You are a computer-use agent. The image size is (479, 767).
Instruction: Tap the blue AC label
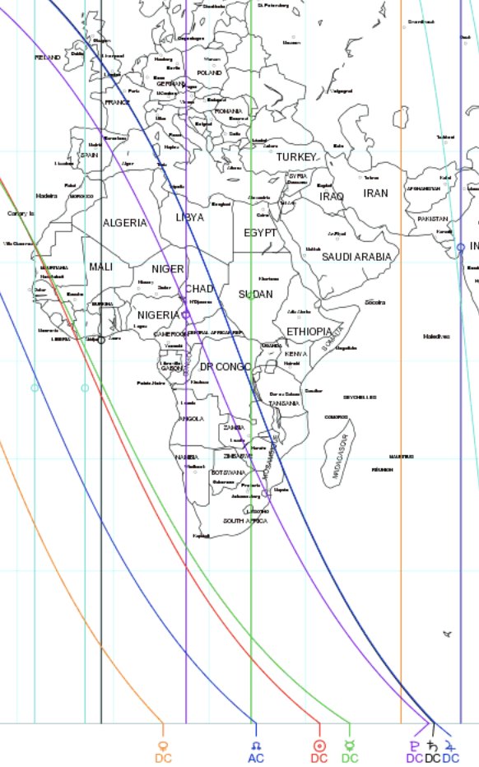coord(256,758)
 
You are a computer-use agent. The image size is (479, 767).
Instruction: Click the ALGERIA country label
coord(124,223)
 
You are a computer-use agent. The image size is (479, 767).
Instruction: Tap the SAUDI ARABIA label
coord(356,257)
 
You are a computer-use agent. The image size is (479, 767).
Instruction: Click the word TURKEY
coord(295,156)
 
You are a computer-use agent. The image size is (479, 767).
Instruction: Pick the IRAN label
coord(375,193)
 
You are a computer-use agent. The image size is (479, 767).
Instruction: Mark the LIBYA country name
coord(190,218)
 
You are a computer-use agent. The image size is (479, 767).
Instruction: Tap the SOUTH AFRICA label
coord(245,521)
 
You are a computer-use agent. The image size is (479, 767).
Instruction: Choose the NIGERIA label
coord(157,315)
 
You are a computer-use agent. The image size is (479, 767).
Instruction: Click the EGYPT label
coord(259,233)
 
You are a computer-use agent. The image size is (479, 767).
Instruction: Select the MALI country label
coord(100,267)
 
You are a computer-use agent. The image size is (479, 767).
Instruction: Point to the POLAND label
coord(210,72)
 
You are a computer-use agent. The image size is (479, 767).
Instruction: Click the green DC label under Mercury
coord(350,758)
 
